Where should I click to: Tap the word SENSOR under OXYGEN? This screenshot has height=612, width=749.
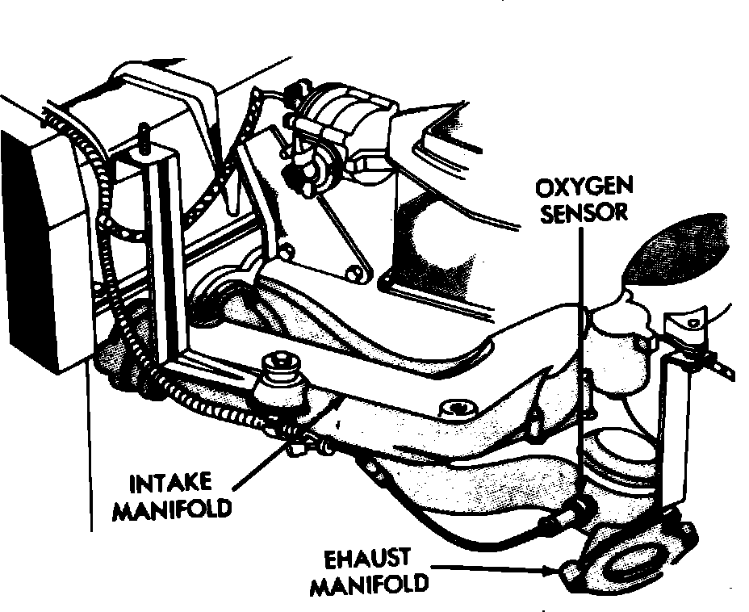(584, 212)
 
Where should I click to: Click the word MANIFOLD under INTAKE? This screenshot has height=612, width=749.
(172, 509)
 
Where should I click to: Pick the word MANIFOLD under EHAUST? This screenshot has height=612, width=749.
(369, 584)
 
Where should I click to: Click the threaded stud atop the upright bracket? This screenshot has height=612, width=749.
(143, 137)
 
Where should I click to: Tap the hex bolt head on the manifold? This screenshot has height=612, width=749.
(458, 409)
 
